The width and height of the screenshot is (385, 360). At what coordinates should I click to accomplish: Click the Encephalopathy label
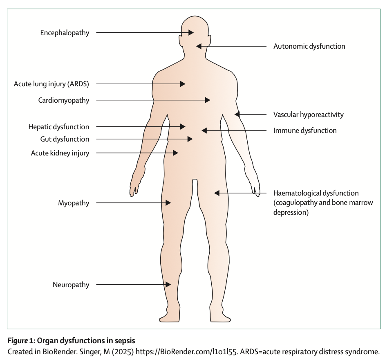[65, 33]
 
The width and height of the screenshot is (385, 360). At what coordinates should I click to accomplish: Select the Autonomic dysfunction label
[309, 46]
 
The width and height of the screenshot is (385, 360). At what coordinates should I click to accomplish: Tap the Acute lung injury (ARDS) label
[51, 84]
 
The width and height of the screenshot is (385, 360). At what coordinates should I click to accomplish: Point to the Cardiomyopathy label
[64, 100]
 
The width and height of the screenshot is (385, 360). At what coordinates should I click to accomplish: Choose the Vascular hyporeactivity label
[308, 115]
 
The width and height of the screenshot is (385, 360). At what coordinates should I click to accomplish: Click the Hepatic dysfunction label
[59, 127]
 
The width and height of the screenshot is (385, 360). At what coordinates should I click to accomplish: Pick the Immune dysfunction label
[305, 131]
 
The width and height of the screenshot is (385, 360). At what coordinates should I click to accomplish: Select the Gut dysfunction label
[64, 139]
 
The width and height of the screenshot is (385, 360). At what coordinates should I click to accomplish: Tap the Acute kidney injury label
[60, 153]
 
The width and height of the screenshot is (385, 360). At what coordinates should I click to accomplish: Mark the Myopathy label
[74, 203]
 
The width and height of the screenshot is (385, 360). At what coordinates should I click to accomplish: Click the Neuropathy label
[71, 285]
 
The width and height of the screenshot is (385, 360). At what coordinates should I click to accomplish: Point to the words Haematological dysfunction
[316, 193]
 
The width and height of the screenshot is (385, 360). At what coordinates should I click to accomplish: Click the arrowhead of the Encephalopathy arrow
[191, 33]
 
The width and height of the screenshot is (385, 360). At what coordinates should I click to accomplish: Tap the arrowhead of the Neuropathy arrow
[168, 285]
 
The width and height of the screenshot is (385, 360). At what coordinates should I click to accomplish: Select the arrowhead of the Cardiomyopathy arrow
[208, 100]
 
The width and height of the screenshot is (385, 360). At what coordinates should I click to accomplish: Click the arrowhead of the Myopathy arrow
[168, 203]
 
